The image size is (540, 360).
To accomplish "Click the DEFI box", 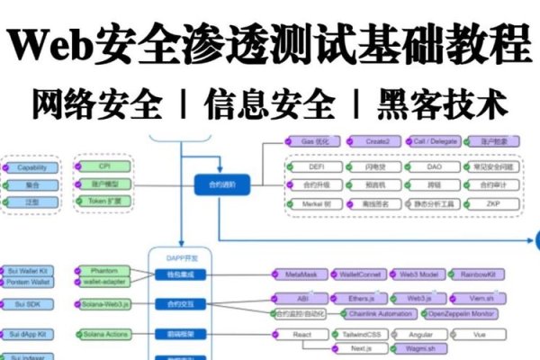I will (315, 166).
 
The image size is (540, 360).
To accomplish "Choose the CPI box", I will (105, 166).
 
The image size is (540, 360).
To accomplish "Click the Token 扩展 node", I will (105, 201).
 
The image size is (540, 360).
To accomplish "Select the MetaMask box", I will (302, 274).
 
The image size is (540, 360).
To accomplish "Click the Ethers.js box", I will (360, 297).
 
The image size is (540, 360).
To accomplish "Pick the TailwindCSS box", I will (360, 335).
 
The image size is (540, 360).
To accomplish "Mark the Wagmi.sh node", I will (420, 348).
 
